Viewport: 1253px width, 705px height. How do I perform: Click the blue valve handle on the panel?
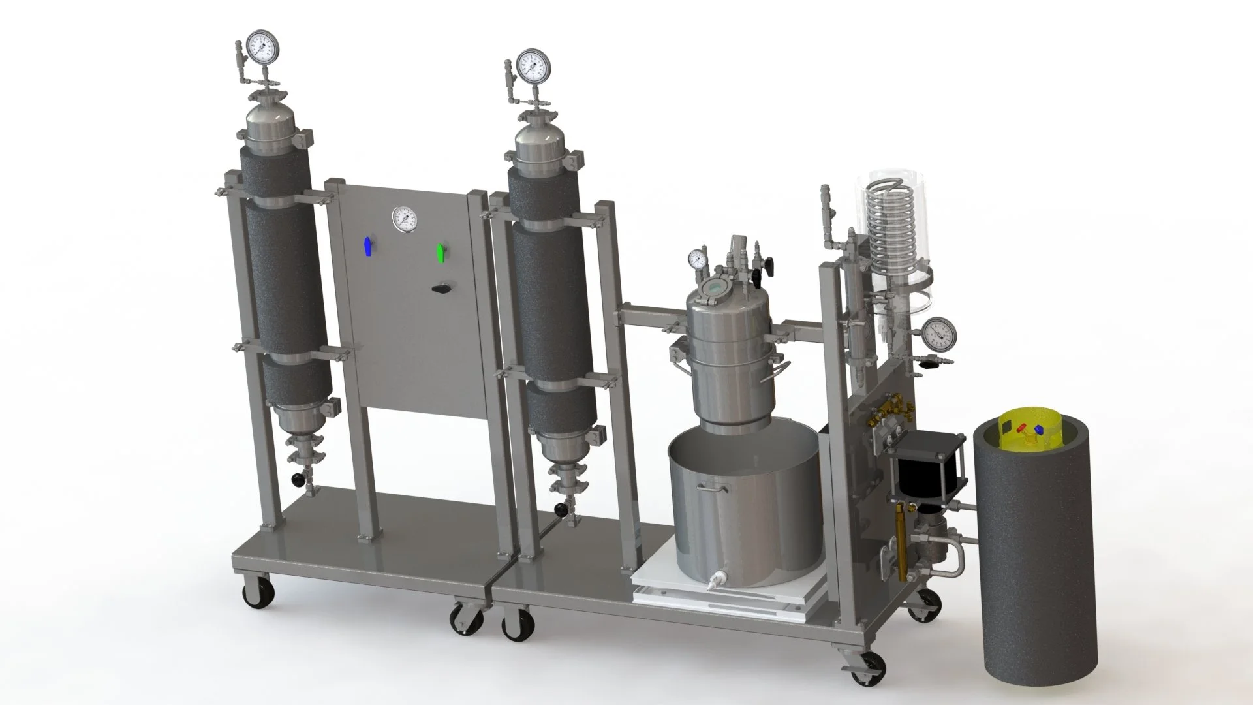[x=369, y=247]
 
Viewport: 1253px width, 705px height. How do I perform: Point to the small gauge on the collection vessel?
[x=698, y=258]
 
